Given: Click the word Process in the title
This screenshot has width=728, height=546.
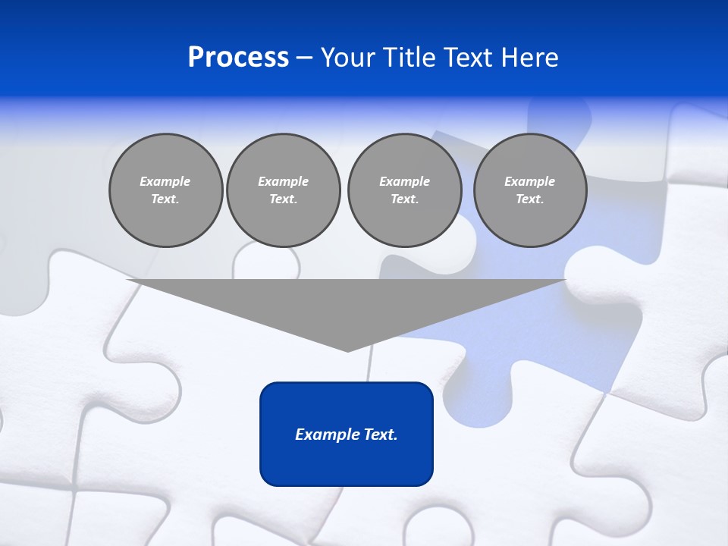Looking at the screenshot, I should click(x=238, y=58).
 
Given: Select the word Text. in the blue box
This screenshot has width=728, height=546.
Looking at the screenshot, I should click(x=378, y=435).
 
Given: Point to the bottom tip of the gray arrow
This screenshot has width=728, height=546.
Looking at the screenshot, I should click(x=347, y=350).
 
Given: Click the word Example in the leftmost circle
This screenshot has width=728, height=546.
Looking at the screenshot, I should click(x=165, y=181).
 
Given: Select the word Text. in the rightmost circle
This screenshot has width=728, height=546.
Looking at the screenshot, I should click(x=530, y=199).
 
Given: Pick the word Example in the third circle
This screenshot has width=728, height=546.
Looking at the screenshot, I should click(x=404, y=181).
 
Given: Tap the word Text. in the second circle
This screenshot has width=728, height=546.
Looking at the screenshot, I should click(x=283, y=199).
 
